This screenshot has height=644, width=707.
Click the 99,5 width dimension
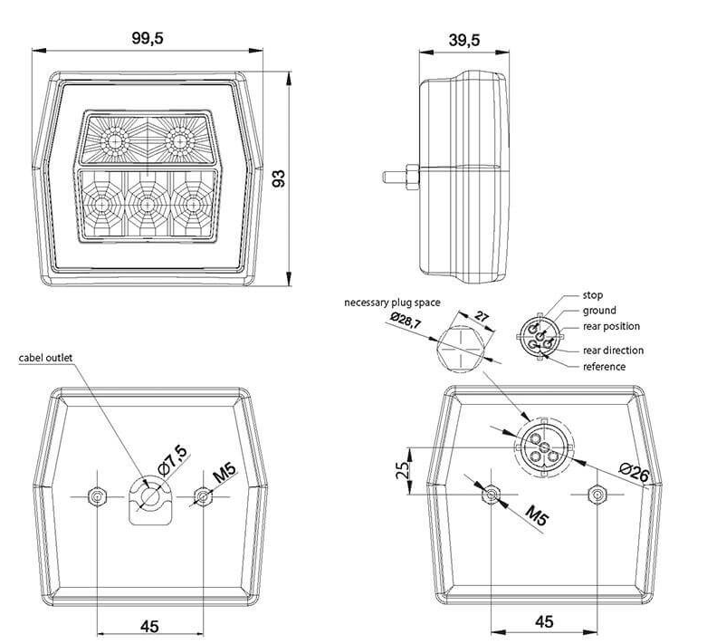coord(148,38)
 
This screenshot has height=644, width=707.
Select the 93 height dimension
coord(279,178)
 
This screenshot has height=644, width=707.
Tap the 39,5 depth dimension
coord(464,40)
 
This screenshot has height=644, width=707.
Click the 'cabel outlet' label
coord(45,358)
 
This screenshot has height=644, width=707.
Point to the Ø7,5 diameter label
coord(173,460)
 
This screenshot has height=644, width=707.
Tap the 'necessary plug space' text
coord(392,303)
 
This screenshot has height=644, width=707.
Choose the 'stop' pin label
coord(592,295)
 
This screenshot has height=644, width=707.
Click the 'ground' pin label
coord(599,311)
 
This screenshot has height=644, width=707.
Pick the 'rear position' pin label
coord(611,326)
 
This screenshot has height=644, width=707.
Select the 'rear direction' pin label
coord(613,351)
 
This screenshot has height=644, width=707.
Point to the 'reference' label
coord(604,367)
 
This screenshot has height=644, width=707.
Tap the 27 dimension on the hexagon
coord(482,316)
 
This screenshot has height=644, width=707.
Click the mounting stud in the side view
coord(401,177)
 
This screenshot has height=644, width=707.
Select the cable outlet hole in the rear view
coord(150,496)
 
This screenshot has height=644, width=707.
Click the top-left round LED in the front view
coord(115,142)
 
